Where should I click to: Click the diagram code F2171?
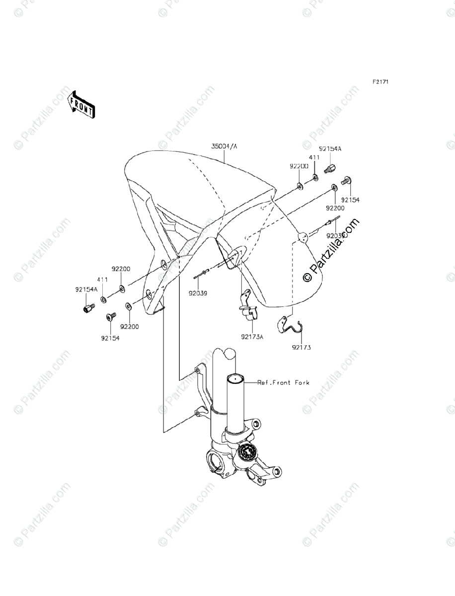[x=380, y=81]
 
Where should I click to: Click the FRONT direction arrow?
[x=81, y=104]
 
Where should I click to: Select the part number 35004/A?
[x=225, y=147]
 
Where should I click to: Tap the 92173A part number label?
[x=252, y=337]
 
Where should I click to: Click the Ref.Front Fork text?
[x=283, y=382]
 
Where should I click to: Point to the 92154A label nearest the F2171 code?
[x=330, y=149]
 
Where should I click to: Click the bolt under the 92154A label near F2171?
[x=329, y=168]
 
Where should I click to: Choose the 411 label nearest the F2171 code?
[x=314, y=157]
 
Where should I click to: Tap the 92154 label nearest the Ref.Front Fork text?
[x=111, y=338]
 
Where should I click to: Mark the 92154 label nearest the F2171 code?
[x=350, y=200]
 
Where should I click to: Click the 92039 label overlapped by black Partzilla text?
[x=336, y=236]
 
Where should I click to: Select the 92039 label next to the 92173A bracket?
[x=197, y=293]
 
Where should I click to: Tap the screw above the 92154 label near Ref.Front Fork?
[x=111, y=316]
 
